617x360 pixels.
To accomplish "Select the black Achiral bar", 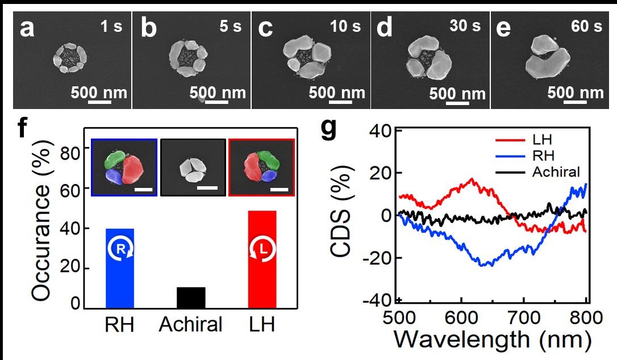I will (x=191, y=298).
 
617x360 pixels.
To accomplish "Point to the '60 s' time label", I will (x=586, y=27).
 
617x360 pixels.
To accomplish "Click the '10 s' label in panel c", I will (x=347, y=26).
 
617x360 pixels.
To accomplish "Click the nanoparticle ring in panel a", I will (x=71, y=57).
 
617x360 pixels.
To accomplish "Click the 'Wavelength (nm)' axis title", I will (x=491, y=338).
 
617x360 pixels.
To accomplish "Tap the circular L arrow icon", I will (x=262, y=250).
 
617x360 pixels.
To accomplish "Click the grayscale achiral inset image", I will (x=193, y=168).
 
